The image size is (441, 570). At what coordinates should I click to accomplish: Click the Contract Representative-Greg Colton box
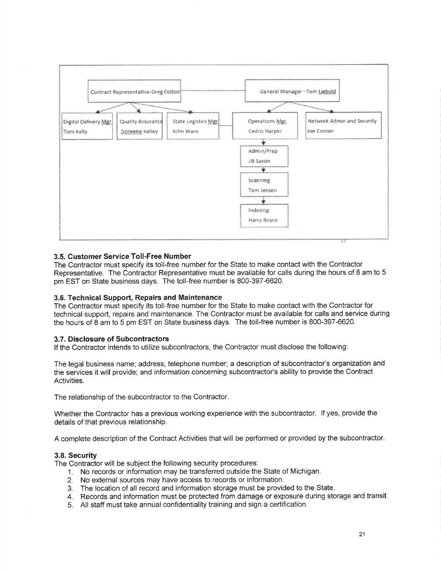(135, 92)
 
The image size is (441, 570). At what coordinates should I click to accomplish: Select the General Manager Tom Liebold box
(292, 91)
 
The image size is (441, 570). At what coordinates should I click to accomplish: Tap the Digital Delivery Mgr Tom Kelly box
(87, 126)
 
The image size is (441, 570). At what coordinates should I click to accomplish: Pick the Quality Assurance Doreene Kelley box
(140, 126)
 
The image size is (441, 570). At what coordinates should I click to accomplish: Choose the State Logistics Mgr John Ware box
(193, 126)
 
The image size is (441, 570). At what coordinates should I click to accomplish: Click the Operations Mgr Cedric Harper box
(265, 126)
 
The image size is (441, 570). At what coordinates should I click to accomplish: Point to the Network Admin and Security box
(343, 126)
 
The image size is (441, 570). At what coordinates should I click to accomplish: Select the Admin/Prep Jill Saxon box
(264, 156)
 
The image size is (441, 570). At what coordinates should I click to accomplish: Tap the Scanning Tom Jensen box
(264, 185)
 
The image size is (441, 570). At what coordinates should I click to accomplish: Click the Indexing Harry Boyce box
(264, 215)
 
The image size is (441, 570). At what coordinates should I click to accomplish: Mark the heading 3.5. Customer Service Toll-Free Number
(122, 256)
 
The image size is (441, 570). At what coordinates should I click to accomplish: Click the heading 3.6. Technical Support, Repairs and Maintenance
(138, 297)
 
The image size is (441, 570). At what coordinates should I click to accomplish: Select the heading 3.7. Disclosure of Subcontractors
(111, 339)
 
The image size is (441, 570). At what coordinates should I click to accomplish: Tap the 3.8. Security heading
(76, 455)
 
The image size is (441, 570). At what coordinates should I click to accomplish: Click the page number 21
(362, 534)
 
